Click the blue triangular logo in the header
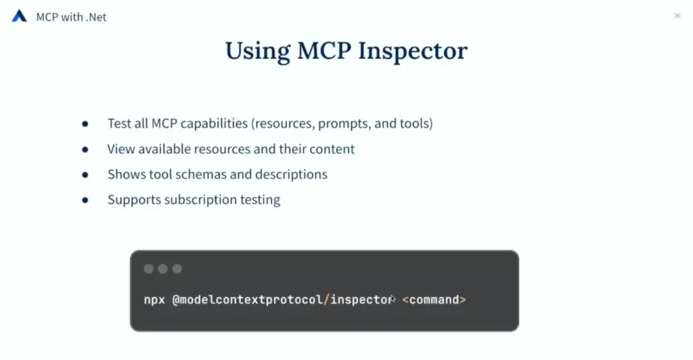point(19,16)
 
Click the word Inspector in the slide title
point(412,51)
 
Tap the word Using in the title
point(258,51)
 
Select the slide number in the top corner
point(677,16)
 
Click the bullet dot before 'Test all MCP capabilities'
point(85,124)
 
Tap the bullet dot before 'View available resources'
point(85,150)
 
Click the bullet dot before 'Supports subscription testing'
point(85,200)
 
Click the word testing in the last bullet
point(261,200)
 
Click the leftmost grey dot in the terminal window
point(148,269)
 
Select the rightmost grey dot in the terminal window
point(177,269)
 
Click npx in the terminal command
point(154,300)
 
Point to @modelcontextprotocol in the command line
point(247,300)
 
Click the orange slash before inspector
point(327,300)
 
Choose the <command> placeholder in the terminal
point(434,300)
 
